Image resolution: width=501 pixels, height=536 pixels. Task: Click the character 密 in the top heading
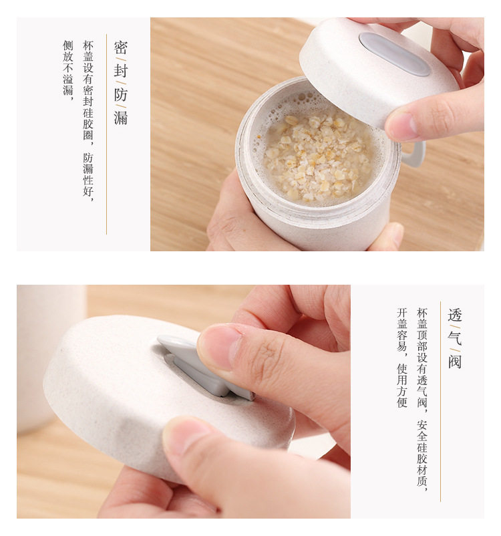point(121,47)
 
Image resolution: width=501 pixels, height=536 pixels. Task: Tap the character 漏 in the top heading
point(121,118)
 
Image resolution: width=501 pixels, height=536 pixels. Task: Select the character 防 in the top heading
point(121,95)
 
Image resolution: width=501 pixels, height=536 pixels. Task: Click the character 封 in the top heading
point(121,71)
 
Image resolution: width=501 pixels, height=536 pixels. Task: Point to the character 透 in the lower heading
point(454,315)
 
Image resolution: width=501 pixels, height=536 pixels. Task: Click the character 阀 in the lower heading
point(454,362)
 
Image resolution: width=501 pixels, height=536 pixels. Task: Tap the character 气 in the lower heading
point(454,338)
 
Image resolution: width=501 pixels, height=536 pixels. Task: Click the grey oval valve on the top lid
point(395,54)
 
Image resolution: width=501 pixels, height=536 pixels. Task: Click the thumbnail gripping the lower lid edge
point(186,436)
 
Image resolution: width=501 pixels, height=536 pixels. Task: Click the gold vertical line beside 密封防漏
point(107,134)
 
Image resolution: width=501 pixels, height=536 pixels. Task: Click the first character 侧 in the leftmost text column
point(67,45)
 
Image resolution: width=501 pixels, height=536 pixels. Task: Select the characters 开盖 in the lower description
point(402,319)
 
